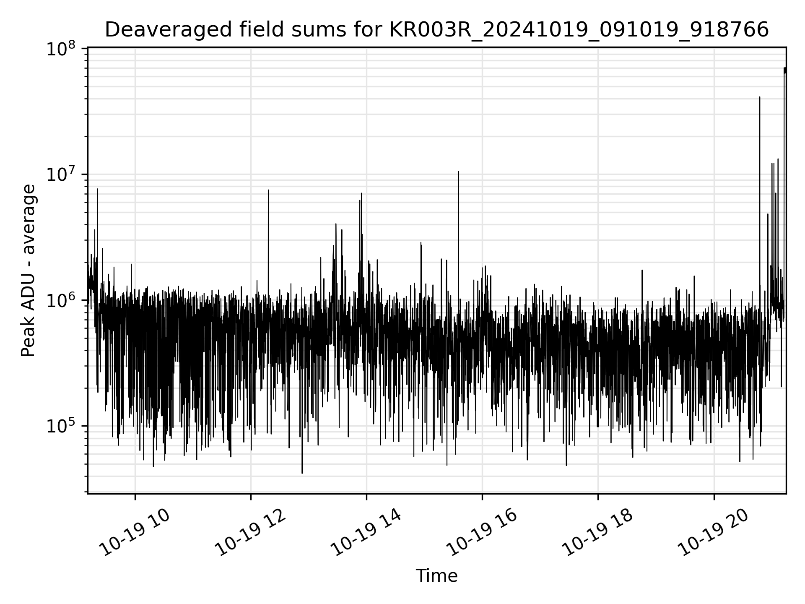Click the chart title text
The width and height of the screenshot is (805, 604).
[436, 30]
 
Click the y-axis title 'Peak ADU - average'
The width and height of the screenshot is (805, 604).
[28, 271]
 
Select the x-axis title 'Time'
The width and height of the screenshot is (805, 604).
[436, 576]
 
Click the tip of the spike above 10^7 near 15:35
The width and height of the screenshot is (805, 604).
[458, 172]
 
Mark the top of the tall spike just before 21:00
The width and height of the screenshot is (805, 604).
[760, 97]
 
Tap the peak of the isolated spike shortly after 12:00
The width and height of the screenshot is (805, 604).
[268, 190]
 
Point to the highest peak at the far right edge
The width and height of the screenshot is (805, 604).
[785, 68]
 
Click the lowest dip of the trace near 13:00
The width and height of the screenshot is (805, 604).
[302, 473]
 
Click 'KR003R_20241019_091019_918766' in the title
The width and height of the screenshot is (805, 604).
[579, 30]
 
